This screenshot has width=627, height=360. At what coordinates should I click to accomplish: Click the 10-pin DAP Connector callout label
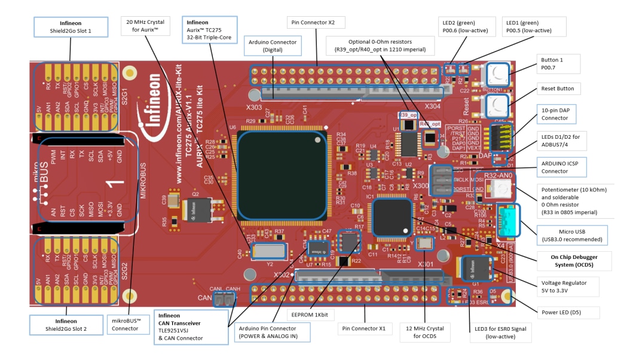pyautogui.click(x=564, y=114)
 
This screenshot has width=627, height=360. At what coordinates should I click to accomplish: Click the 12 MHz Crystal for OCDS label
pyautogui.click(x=424, y=332)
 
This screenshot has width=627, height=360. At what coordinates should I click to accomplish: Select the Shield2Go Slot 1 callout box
pyautogui.click(x=71, y=26)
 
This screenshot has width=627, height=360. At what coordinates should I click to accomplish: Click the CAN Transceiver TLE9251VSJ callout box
pyautogui.click(x=191, y=327)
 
